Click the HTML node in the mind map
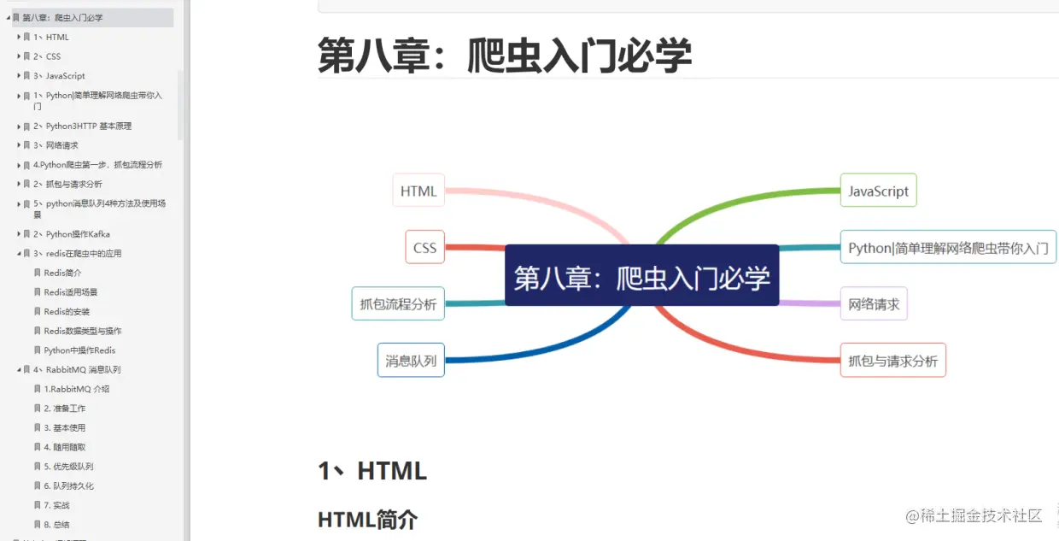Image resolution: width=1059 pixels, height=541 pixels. pos(418,191)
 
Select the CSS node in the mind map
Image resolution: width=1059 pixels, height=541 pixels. pos(424,248)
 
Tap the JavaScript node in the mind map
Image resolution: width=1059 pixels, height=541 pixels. pos(878,191)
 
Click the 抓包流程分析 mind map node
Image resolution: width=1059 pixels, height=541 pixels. pos(398,303)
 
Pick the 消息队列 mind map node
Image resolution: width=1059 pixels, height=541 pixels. pos(411,361)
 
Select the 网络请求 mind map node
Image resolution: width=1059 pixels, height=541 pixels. pos(874,303)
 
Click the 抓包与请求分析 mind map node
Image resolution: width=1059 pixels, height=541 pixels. pos(892,361)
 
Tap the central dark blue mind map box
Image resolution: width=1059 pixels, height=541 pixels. pos(641,276)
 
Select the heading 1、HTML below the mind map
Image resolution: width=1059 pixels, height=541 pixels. pos(372,470)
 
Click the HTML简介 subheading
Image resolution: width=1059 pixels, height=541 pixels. pos(367,519)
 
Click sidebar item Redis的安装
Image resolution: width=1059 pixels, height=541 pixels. pos(67,312)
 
